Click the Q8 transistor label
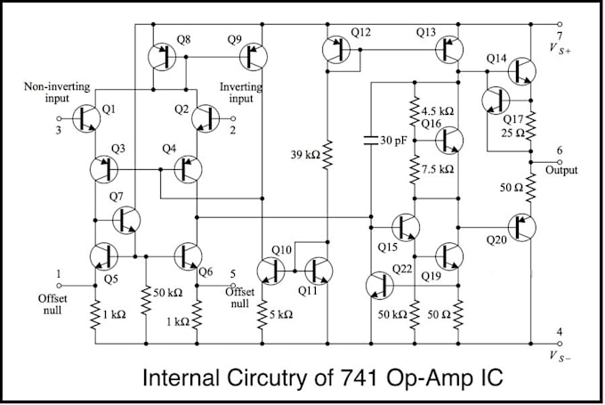pyautogui.click(x=183, y=39)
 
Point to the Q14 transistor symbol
pyautogui.click(x=523, y=69)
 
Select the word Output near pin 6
pyautogui.click(x=561, y=169)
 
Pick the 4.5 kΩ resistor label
pyautogui.click(x=438, y=111)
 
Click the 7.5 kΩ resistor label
pyautogui.click(x=438, y=168)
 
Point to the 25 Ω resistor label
pyautogui.click(x=513, y=134)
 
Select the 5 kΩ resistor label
pyautogui.click(x=283, y=313)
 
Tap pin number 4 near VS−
pyautogui.click(x=559, y=332)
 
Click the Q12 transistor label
pyautogui.click(x=361, y=32)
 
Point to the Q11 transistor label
pyautogui.click(x=308, y=290)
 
